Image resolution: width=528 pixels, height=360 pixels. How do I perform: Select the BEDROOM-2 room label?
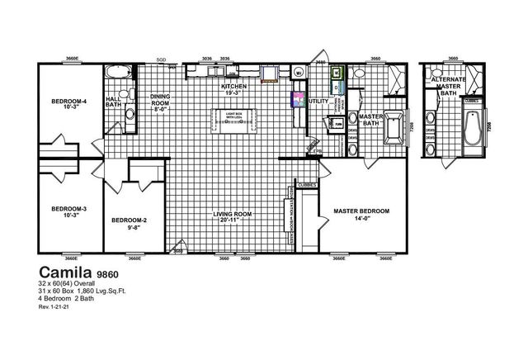[130, 221]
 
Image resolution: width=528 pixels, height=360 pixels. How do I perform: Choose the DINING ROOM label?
[160, 102]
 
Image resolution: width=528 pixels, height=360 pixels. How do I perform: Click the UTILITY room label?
[318, 102]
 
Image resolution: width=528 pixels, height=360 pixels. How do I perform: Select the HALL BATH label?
[114, 102]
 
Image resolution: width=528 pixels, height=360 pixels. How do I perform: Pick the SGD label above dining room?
[162, 60]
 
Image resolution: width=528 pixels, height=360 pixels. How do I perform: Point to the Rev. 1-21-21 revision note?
[55, 307]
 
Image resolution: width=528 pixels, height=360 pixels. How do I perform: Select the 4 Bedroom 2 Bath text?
[66, 298]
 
